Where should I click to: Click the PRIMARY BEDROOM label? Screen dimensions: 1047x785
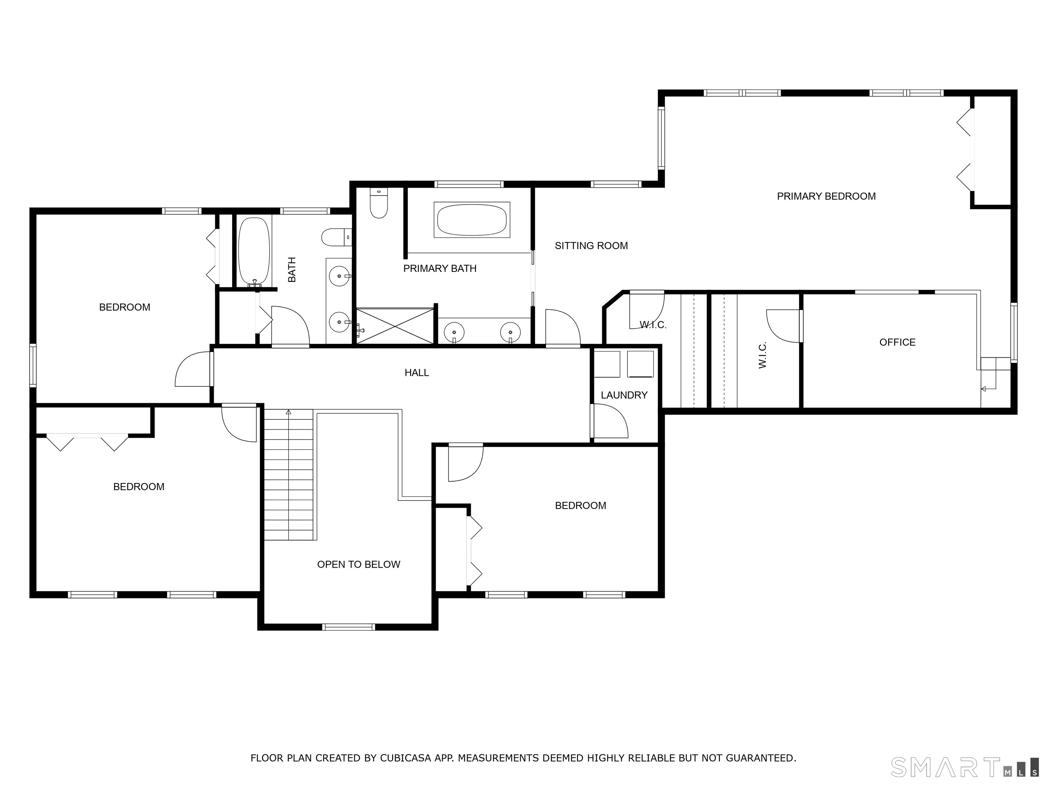point(826,196)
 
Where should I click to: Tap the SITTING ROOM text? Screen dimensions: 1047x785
point(591,246)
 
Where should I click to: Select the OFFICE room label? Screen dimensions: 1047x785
point(897,342)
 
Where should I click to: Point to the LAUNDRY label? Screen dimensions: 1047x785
point(624,395)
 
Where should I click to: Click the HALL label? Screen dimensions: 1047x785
point(416,373)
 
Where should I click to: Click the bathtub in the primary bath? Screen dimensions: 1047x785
point(472,219)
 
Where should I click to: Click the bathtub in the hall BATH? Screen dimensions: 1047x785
point(254,252)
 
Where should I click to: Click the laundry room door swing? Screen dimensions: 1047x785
point(611,421)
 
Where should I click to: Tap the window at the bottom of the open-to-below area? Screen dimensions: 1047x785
point(348,627)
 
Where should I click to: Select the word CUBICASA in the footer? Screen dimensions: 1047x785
point(405,758)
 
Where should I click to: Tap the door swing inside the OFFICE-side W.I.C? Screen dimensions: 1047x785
point(783,326)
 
